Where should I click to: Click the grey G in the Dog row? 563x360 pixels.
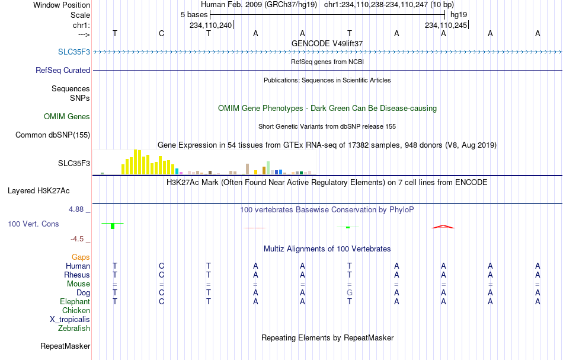click(x=350, y=293)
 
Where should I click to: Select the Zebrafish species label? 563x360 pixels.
click(x=74, y=329)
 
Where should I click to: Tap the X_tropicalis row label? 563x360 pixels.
click(x=70, y=320)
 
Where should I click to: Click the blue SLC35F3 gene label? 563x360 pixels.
click(x=74, y=52)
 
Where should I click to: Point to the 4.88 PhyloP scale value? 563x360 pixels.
click(x=76, y=209)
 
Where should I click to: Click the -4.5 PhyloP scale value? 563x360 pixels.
click(x=77, y=239)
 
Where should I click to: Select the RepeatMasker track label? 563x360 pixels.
click(x=65, y=346)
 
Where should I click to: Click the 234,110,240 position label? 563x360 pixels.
click(x=211, y=25)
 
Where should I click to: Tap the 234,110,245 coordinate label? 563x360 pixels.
click(x=446, y=25)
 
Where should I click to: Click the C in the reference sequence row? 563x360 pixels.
click(x=162, y=33)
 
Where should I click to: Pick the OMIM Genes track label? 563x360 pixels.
click(x=67, y=116)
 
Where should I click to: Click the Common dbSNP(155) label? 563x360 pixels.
click(x=53, y=135)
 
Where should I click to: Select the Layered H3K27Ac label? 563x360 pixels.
click(x=39, y=191)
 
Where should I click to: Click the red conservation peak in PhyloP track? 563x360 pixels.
click(x=443, y=227)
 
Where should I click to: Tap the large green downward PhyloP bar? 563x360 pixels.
click(x=113, y=226)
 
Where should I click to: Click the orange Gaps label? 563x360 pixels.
click(x=81, y=257)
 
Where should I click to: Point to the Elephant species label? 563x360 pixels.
click(x=75, y=302)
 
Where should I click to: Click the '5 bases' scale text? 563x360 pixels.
click(x=194, y=15)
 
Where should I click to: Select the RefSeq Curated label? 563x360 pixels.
click(x=63, y=70)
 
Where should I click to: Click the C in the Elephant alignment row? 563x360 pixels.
click(x=162, y=302)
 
